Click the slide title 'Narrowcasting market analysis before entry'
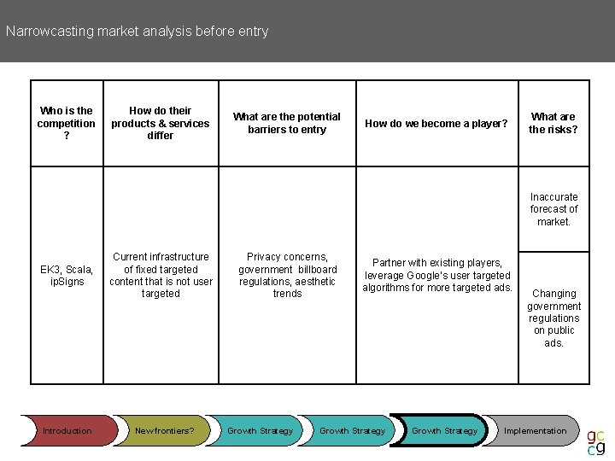click(137, 32)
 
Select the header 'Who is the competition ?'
click(67, 123)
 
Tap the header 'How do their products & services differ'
click(160, 123)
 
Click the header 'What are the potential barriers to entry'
click(287, 123)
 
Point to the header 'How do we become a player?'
click(436, 124)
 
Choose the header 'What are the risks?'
click(553, 123)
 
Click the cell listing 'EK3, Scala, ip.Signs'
click(67, 276)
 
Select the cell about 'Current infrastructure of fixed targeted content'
click(161, 275)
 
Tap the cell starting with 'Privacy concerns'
click(287, 275)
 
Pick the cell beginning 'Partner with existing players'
click(436, 275)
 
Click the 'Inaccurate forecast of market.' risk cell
click(553, 209)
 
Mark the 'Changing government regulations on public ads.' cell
click(553, 318)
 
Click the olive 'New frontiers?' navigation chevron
click(164, 431)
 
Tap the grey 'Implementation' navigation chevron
click(535, 431)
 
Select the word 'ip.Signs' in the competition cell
click(67, 282)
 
